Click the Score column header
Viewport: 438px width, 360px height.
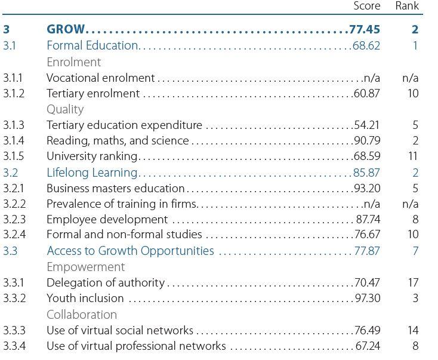[366, 6]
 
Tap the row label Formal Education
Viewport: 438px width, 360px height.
[92, 45]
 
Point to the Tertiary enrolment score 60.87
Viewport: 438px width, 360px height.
[366, 93]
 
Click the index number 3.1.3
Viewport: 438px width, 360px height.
[14, 125]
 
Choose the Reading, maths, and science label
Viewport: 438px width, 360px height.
[118, 141]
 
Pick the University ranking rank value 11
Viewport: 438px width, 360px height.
[413, 156]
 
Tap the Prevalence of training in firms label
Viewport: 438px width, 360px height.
[122, 204]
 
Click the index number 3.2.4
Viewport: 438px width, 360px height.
[14, 235]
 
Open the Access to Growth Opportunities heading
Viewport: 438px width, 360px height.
[130, 251]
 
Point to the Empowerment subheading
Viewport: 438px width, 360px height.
[86, 266]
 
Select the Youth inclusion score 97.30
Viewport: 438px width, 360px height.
[366, 298]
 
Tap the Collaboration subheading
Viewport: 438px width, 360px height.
[82, 314]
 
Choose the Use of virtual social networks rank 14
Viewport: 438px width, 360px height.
[412, 330]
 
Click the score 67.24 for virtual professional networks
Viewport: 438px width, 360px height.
[368, 346]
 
